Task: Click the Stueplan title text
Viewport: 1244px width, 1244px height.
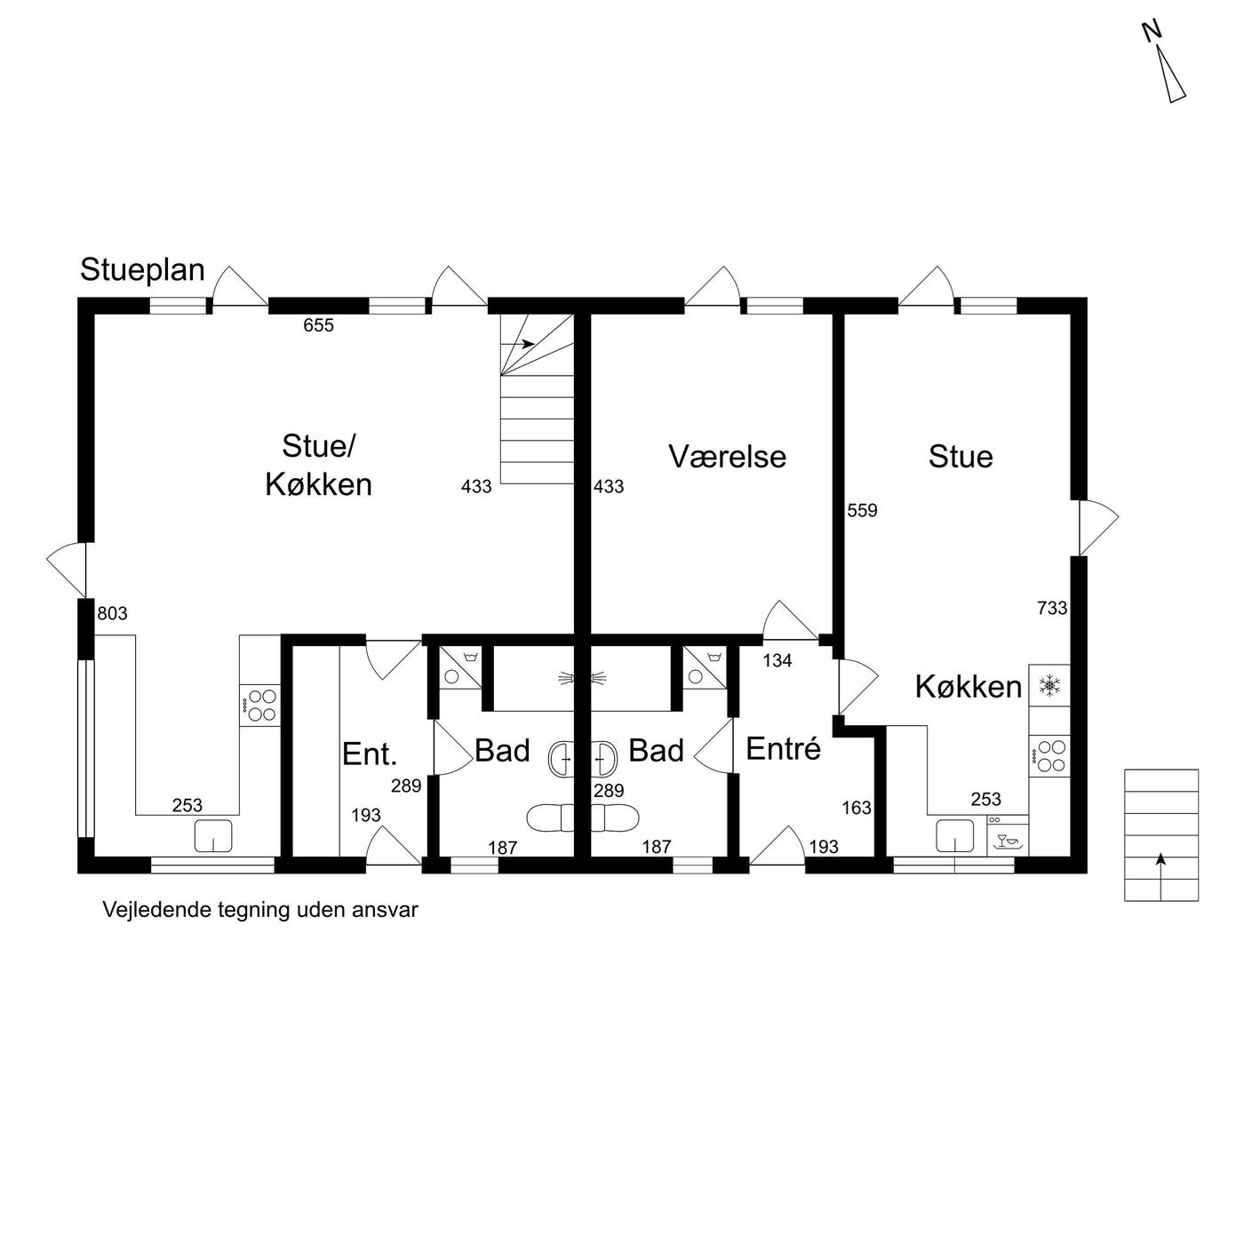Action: click(142, 270)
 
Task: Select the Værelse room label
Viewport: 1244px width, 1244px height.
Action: click(728, 457)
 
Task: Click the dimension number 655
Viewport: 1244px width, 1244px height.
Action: click(318, 325)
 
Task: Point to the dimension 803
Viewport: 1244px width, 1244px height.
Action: click(112, 613)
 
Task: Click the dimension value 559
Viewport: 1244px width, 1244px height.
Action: click(863, 511)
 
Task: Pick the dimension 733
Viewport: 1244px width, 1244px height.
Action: click(1052, 608)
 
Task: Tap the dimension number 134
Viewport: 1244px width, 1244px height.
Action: click(777, 660)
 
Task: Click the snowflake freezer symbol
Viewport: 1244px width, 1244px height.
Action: click(1050, 685)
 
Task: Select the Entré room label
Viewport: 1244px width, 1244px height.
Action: click(783, 749)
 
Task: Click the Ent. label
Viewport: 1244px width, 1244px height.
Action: click(370, 754)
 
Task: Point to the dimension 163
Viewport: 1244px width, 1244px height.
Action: click(857, 808)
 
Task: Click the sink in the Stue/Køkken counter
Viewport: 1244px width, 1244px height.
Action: click(213, 835)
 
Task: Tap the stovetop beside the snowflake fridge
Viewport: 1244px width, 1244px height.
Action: click(1049, 756)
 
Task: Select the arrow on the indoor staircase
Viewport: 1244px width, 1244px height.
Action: click(528, 344)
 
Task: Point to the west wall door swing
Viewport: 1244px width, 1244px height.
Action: click(66, 570)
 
